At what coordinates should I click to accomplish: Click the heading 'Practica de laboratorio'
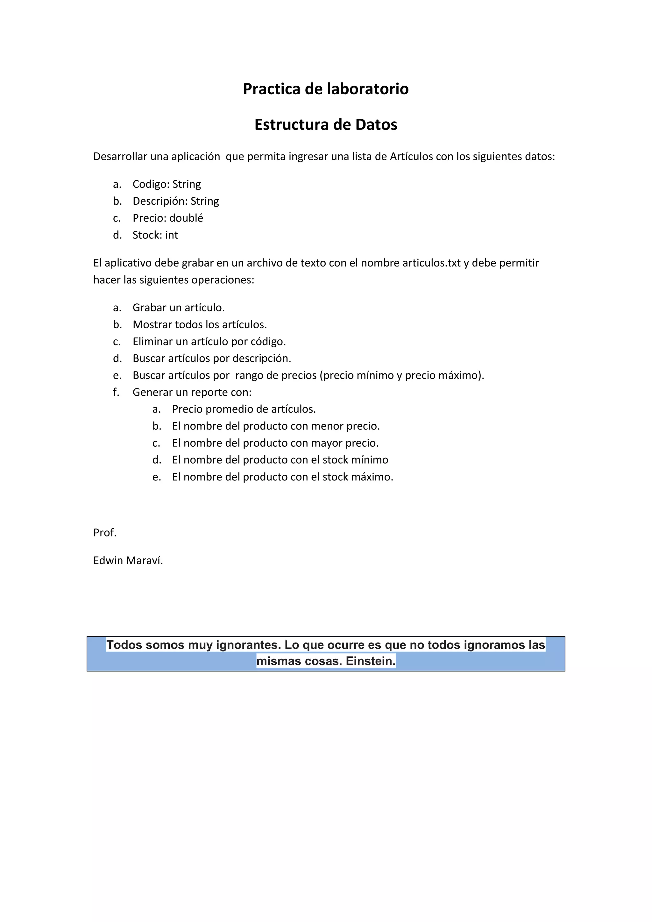coord(326,89)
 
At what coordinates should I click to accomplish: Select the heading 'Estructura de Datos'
coord(326,124)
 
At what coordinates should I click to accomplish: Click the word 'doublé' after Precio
coord(186,218)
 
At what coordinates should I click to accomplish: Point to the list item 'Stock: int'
coord(155,235)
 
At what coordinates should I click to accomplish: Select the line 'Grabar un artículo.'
coord(178,308)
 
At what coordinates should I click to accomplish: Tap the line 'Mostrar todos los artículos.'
coord(200,324)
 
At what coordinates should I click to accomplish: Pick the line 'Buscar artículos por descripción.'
coord(212,358)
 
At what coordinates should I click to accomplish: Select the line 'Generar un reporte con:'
coord(192,392)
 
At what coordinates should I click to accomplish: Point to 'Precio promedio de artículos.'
coord(244,409)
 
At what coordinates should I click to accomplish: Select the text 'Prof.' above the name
coord(105,533)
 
